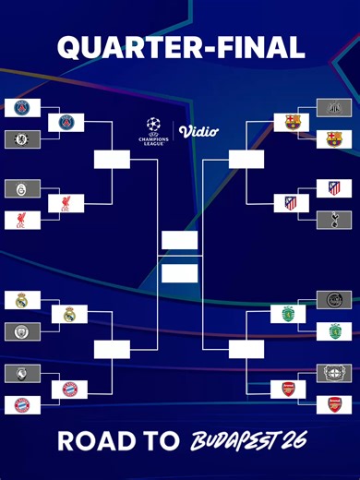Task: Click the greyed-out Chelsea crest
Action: (22, 139)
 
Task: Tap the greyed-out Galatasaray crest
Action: (22, 188)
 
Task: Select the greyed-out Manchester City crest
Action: (22, 330)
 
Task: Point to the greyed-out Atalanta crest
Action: (22, 373)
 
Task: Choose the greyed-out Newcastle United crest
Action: (334, 108)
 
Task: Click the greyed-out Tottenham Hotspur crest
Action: (334, 220)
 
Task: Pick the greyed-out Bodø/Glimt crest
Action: (334, 300)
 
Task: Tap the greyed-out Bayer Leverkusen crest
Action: (334, 373)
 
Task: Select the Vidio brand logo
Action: (198, 131)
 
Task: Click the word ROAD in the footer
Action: (90, 440)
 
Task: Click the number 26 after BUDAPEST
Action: (293, 440)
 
